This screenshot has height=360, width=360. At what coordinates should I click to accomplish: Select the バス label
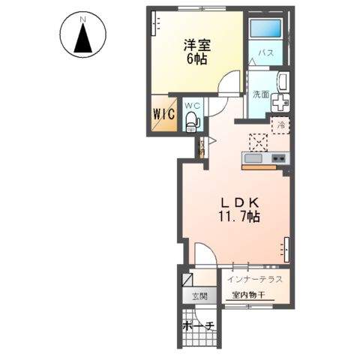pyautogui.click(x=265, y=53)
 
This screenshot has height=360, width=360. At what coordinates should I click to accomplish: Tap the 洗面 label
pyautogui.click(x=260, y=94)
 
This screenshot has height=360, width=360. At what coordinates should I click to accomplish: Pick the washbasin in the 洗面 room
pyautogui.click(x=283, y=82)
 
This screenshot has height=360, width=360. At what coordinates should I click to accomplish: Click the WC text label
pyautogui.click(x=192, y=105)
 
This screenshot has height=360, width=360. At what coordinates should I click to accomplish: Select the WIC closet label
pyautogui.click(x=164, y=114)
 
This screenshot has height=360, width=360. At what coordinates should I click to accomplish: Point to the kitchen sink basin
pyautogui.click(x=252, y=158)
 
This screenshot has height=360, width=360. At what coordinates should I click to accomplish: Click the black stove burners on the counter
pyautogui.click(x=278, y=158)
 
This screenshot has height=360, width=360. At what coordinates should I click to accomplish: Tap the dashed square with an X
pyautogui.click(x=258, y=141)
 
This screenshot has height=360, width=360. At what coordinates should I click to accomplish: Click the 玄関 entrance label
pyautogui.click(x=199, y=295)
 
